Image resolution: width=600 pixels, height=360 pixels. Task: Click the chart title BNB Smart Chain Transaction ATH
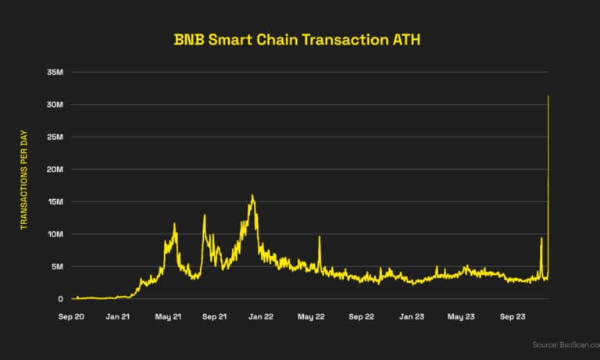300,39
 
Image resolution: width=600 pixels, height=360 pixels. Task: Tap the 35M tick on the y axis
55,72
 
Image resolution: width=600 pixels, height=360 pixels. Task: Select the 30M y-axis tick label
55,105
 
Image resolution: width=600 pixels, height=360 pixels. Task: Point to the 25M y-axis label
55,137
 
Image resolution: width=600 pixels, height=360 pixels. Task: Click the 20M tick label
55,169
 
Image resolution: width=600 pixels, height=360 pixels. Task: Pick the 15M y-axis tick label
55,201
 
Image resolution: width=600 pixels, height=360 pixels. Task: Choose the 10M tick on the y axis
55,234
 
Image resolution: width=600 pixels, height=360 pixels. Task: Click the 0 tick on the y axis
61,299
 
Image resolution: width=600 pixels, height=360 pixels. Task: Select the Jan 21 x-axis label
117,318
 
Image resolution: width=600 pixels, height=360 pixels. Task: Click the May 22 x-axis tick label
311,318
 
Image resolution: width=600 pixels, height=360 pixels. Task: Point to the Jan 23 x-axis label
412,318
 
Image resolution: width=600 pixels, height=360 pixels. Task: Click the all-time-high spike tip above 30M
549,96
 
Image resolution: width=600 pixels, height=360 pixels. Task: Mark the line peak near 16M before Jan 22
252,195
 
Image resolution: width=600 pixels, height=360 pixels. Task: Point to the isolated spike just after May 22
320,237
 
